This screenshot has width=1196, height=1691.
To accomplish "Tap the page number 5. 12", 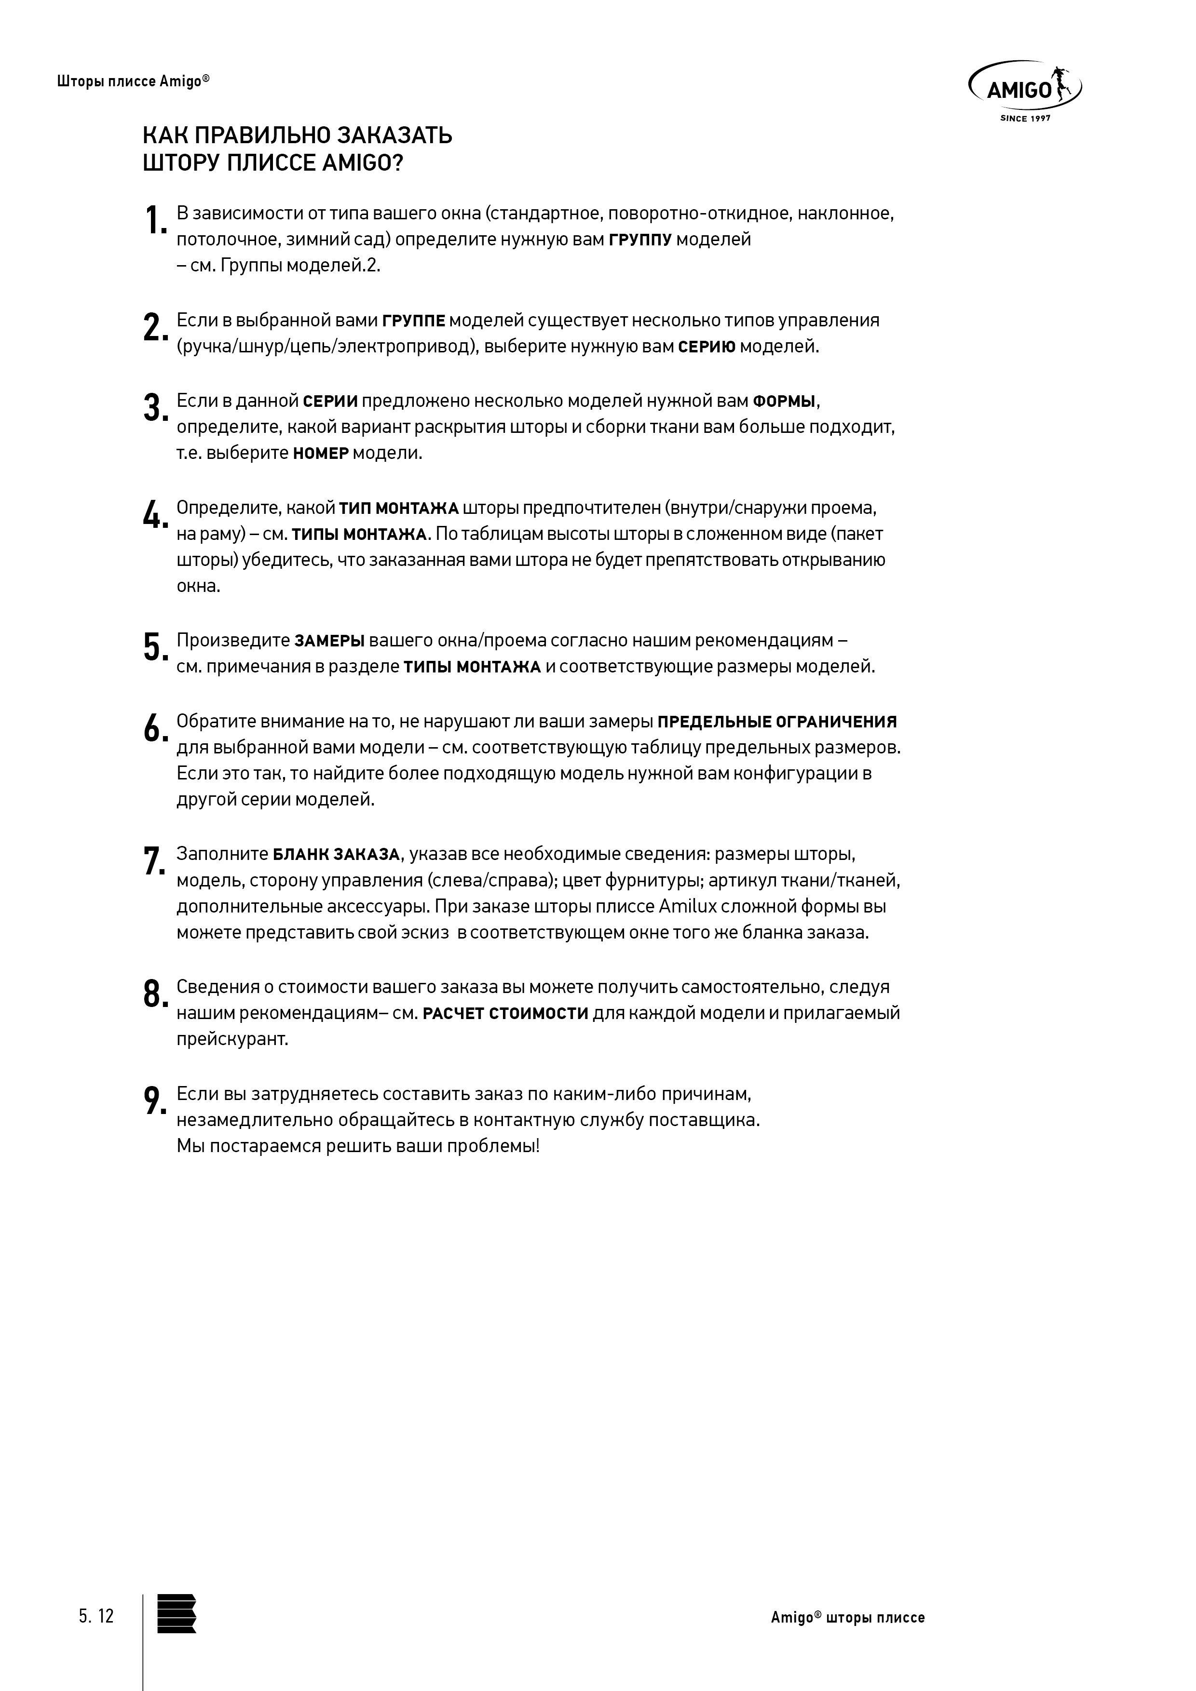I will [x=96, y=1617].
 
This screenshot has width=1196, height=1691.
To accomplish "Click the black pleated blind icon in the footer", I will [x=177, y=1614].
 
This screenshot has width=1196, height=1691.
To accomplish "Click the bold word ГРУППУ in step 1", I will [x=639, y=240].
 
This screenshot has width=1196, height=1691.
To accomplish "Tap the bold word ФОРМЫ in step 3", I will [x=784, y=402].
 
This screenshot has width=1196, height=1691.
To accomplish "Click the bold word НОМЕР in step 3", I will [x=321, y=454].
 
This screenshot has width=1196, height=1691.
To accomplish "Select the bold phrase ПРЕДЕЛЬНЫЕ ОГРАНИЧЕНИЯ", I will [x=777, y=722].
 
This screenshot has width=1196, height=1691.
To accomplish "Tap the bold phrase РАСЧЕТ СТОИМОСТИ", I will [x=505, y=1013].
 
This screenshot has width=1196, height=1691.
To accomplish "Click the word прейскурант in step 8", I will [x=232, y=1039].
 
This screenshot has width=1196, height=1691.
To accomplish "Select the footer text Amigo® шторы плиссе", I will [x=847, y=1617].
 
